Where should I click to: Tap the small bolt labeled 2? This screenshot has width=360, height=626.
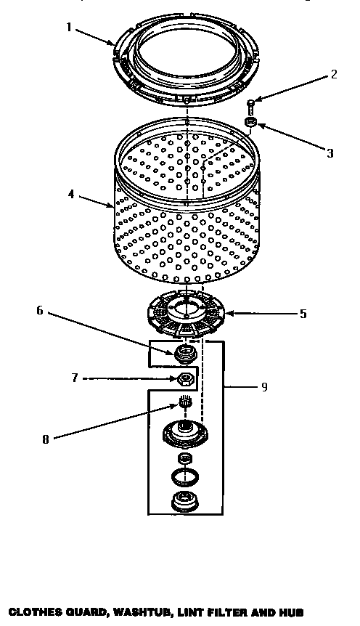tap(250, 106)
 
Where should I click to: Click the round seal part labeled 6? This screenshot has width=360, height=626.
tap(185, 354)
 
